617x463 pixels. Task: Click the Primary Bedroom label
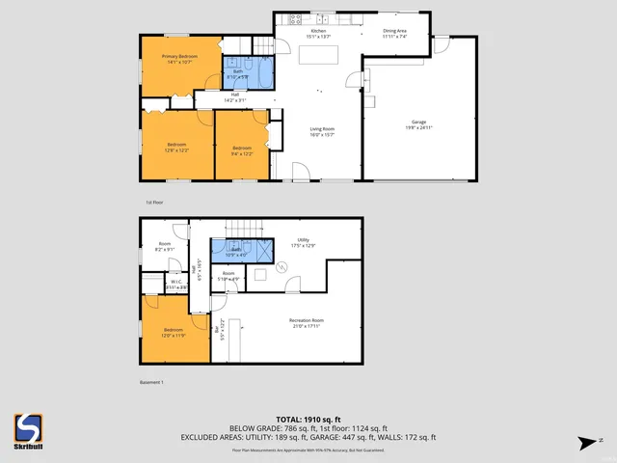tap(180, 57)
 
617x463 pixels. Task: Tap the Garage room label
tap(417, 121)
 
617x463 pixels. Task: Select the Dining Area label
tap(394, 31)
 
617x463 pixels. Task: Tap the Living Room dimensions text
tap(321, 134)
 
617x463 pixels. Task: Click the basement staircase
tap(250, 227)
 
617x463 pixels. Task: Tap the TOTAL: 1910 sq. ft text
tap(308, 420)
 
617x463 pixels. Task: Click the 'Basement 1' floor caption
tap(150, 383)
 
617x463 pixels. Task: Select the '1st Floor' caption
tap(154, 203)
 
